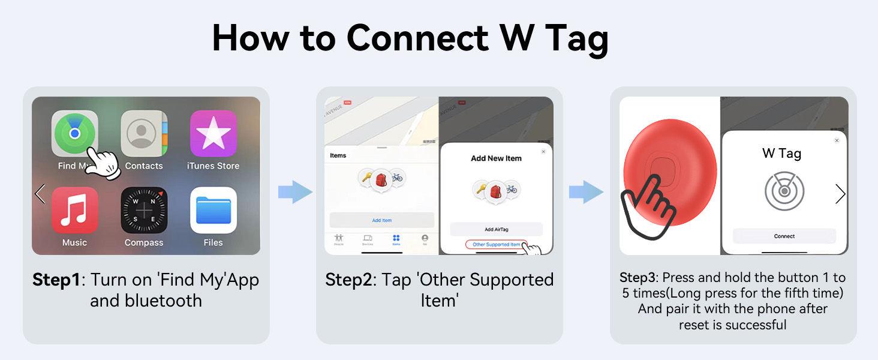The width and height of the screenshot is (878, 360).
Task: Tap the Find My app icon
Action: click(74, 133)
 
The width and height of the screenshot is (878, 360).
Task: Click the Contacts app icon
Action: click(144, 133)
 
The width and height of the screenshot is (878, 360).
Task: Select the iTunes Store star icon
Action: click(214, 133)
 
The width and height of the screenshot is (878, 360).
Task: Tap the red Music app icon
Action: click(74, 210)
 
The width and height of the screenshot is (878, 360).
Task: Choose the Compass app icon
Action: click(144, 210)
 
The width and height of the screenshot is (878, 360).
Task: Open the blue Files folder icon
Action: click(214, 210)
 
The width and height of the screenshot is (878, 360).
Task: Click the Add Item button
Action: click(381, 220)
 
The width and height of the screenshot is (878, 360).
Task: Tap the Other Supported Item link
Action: click(496, 245)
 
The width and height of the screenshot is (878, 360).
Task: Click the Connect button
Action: click(784, 236)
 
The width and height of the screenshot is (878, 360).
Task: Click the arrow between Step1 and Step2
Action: click(295, 192)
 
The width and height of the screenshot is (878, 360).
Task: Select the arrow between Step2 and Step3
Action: click(586, 192)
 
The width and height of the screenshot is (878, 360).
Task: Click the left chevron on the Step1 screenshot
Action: click(40, 193)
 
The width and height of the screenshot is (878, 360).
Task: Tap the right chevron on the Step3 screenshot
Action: click(840, 193)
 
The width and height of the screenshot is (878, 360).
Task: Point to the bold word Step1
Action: click(56, 280)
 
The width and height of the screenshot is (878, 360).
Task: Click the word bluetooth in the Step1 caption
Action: click(163, 300)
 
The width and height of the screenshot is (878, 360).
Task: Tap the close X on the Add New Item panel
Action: click(543, 152)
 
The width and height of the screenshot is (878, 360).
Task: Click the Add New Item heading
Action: click(496, 158)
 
